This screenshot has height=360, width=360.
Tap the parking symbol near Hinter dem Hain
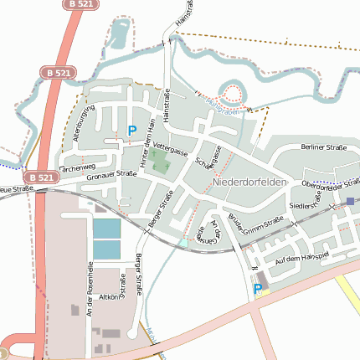[x=131, y=131]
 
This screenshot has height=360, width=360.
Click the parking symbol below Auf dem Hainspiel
[x=258, y=291]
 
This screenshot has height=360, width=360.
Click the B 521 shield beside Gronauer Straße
[x=40, y=177]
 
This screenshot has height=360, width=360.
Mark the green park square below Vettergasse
[x=160, y=162]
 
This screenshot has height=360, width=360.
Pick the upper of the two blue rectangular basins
[x=106, y=228]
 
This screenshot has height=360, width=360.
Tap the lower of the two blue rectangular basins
[x=106, y=249]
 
